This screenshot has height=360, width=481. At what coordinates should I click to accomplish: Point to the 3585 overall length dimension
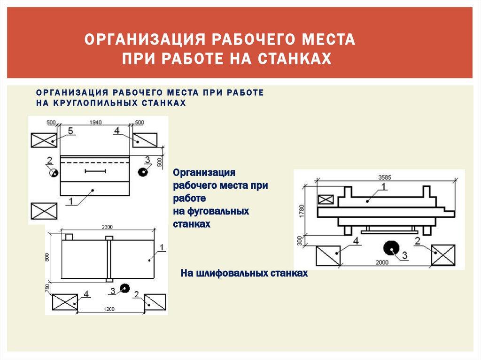(384, 177)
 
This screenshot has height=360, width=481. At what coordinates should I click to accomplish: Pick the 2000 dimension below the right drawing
(382, 262)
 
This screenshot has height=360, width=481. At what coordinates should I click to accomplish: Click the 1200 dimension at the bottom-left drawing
(109, 310)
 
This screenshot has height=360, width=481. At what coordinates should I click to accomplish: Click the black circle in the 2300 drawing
(124, 288)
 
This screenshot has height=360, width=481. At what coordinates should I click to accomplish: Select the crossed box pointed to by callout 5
(44, 140)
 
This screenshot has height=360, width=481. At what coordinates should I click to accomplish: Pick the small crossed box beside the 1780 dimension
(326, 199)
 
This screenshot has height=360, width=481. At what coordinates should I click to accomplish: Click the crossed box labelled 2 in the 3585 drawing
(443, 256)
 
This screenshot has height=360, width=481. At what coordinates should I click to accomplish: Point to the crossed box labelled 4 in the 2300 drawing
(65, 302)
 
